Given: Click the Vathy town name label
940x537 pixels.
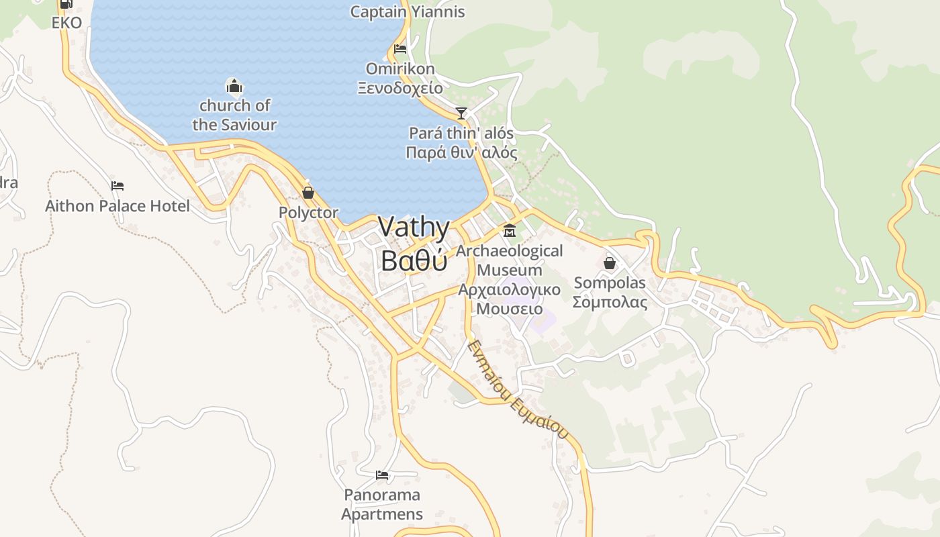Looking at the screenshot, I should click(x=414, y=228).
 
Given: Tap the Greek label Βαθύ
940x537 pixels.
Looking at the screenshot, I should click(x=414, y=260).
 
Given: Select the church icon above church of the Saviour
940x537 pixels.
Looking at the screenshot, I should click(x=234, y=86).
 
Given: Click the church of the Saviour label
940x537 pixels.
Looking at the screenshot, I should click(x=234, y=115).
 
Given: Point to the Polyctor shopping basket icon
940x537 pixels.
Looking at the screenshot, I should click(x=308, y=193).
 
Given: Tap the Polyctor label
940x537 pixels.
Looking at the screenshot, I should click(x=308, y=213).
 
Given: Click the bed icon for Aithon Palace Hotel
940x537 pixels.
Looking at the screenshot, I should click(x=117, y=186).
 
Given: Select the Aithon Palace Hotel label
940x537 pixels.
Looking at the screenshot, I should click(x=117, y=206).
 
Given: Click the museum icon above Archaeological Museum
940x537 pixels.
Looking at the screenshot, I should click(x=510, y=231).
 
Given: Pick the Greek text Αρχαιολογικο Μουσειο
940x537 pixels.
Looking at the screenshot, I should click(x=509, y=299).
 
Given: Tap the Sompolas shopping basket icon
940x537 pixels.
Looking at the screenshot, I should click(x=610, y=263).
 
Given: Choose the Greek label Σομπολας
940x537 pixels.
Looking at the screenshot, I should click(x=610, y=302).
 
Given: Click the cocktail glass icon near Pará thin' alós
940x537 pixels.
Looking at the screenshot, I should click(x=461, y=113).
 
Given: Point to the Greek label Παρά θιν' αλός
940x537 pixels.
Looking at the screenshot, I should click(x=461, y=153).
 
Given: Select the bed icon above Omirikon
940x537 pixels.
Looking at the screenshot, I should click(x=400, y=49).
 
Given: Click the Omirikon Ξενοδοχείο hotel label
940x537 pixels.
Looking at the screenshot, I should click(x=400, y=79).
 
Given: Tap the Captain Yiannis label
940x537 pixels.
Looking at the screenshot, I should click(x=408, y=11).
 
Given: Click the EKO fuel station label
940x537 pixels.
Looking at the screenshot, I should click(x=66, y=23).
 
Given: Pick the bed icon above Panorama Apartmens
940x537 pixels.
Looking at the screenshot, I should click(x=382, y=475).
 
